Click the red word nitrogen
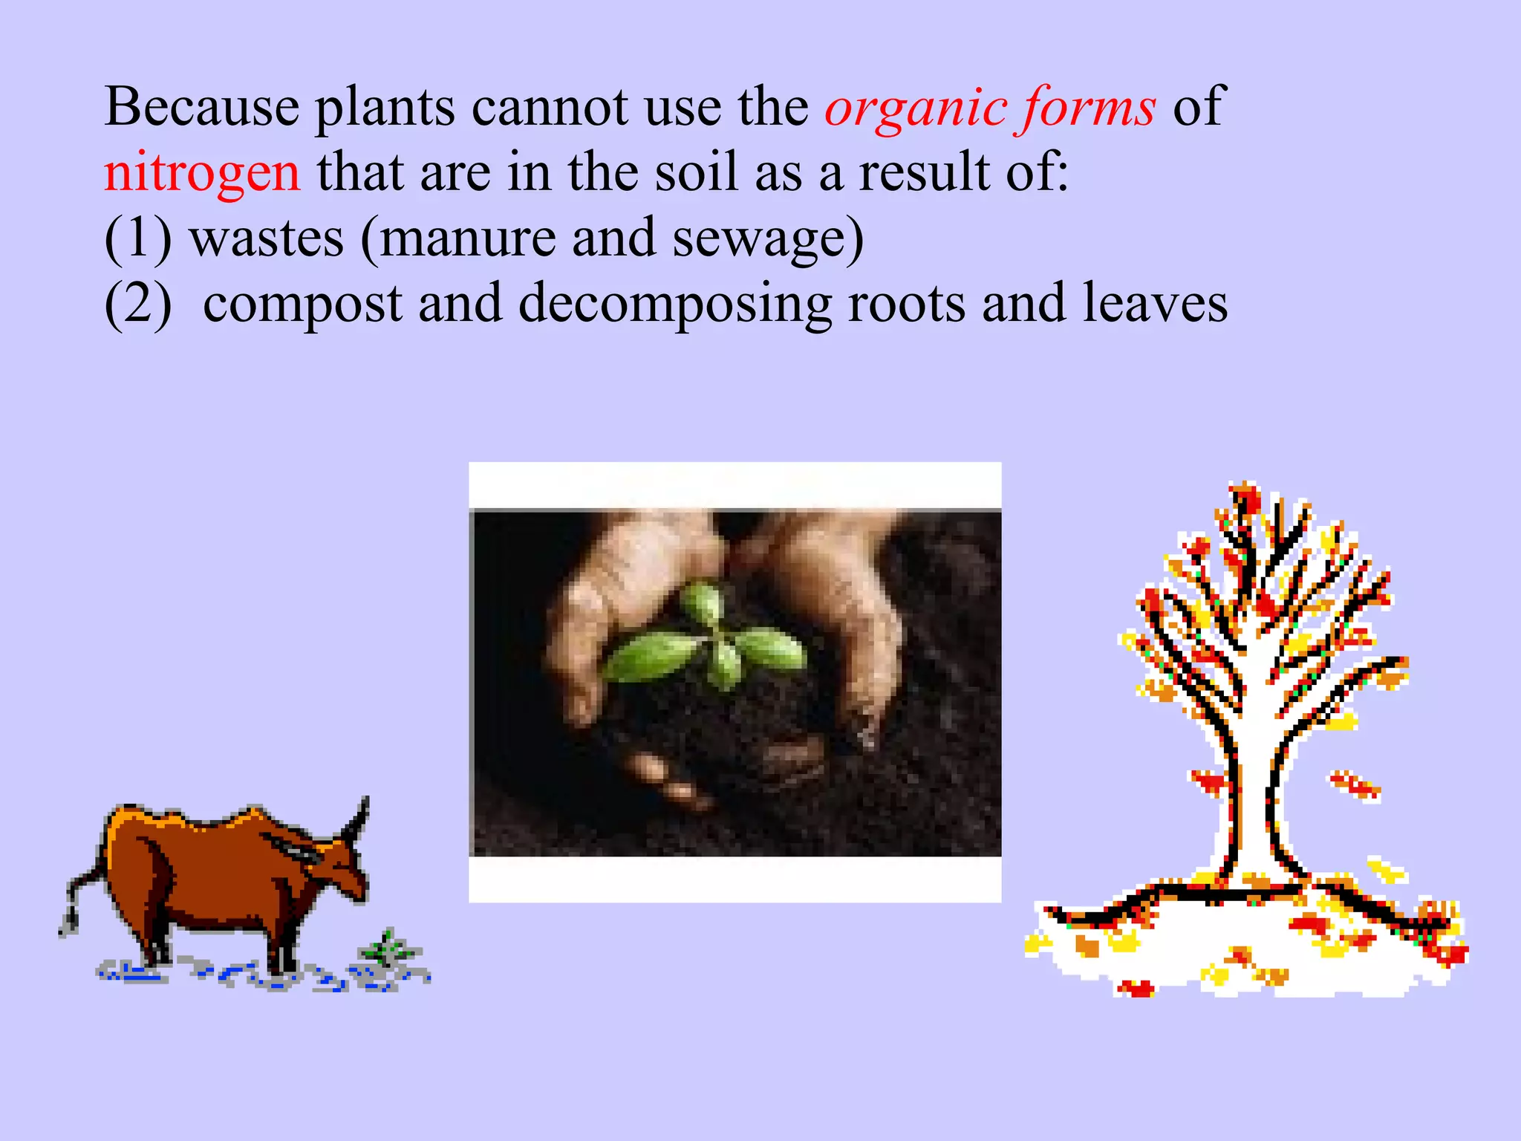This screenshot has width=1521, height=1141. tap(201, 173)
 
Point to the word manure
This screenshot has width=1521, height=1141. tap(467, 239)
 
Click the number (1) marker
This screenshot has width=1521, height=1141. tap(137, 239)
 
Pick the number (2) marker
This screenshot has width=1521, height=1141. tap(137, 304)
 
